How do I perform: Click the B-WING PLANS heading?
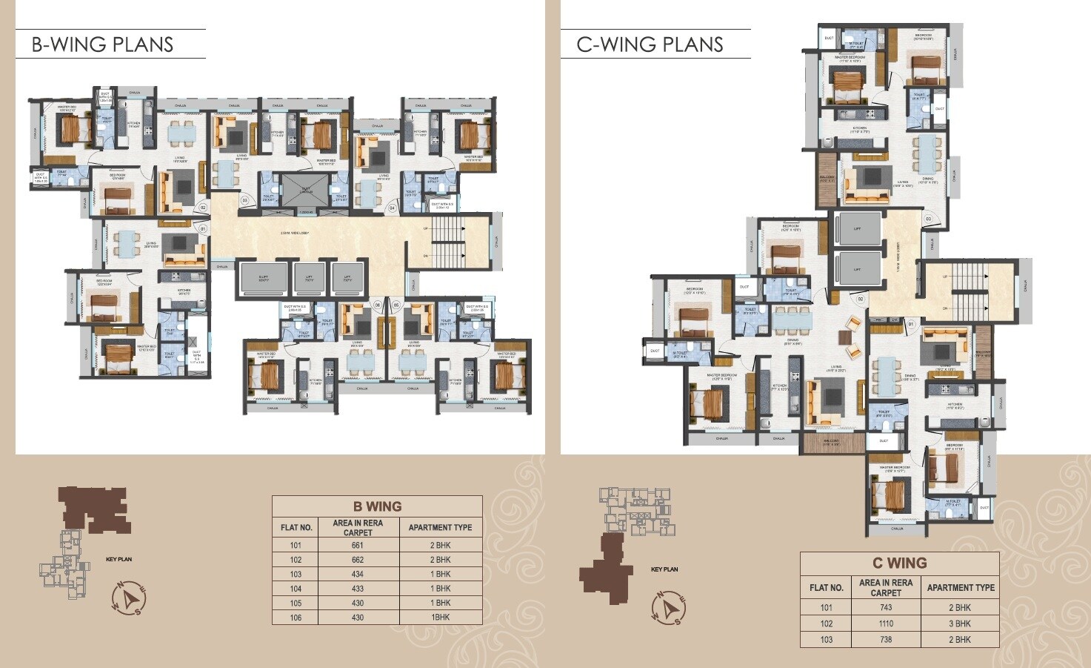[x=102, y=44]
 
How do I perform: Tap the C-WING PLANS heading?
[x=650, y=44]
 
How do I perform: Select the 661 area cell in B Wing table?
[x=358, y=545]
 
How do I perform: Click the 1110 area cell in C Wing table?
[x=886, y=624]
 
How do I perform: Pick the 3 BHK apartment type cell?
[x=960, y=624]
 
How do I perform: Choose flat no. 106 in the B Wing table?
[x=296, y=617]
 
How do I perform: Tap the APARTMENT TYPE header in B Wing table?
[x=440, y=527]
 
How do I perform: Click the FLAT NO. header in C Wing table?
[x=826, y=587]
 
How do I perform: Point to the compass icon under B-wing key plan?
[x=130, y=598]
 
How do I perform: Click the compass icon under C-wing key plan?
[x=670, y=607]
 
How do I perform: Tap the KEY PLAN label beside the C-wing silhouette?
[x=664, y=569]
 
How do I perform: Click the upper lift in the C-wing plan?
[x=857, y=230]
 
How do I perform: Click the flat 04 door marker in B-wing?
[x=393, y=208]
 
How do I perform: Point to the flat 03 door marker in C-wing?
[x=927, y=219]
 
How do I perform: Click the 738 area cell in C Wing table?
[x=886, y=639]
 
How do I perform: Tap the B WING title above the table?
[x=377, y=506]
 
